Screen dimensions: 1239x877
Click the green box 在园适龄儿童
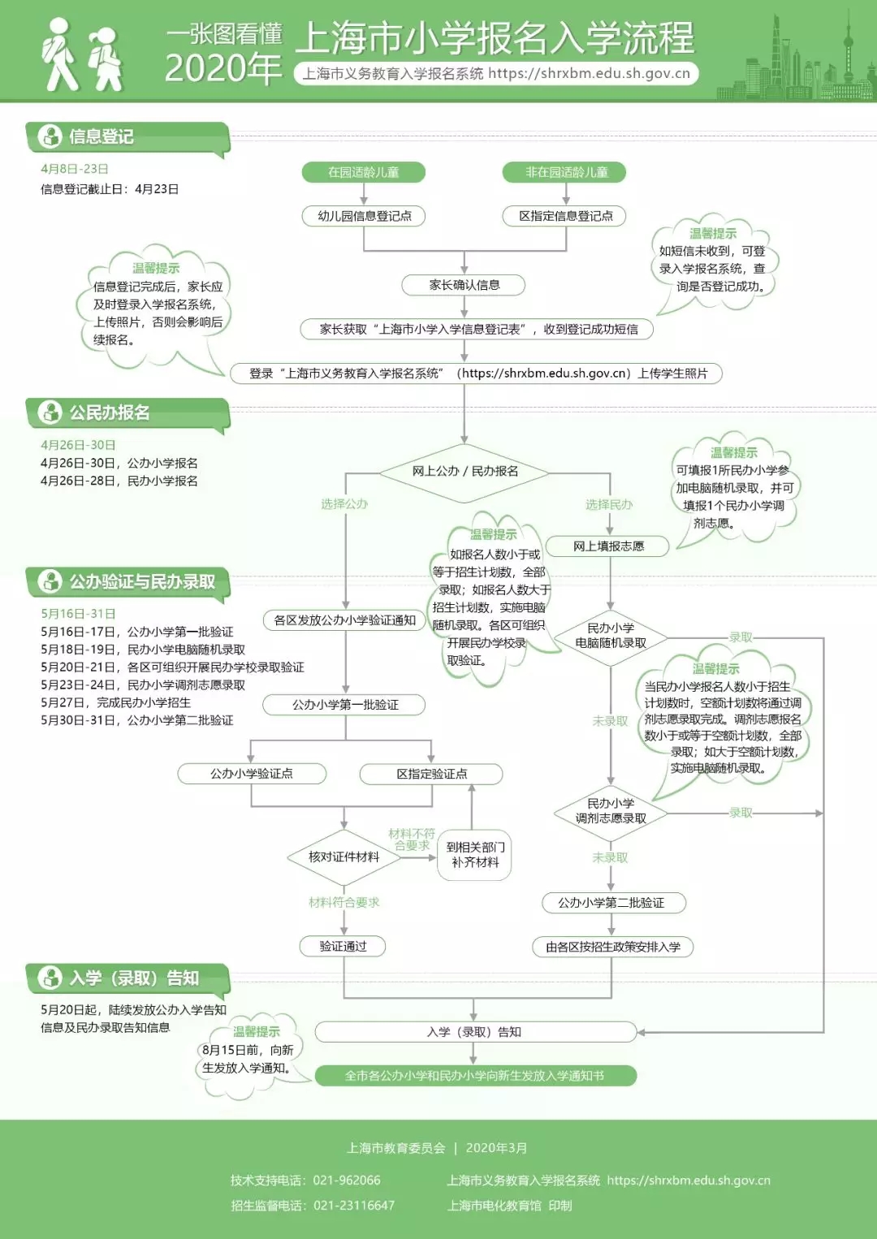click(x=363, y=172)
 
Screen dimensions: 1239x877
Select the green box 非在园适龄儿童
click(x=566, y=172)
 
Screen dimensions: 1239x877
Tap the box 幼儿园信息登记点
click(x=365, y=216)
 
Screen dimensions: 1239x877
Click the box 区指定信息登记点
click(x=566, y=216)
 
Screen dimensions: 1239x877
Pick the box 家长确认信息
click(x=464, y=285)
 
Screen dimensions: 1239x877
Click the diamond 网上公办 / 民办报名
click(x=464, y=471)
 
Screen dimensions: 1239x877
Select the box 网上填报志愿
click(x=608, y=546)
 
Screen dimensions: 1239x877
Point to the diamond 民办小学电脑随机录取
click(x=611, y=636)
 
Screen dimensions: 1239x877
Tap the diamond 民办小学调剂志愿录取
click(x=611, y=811)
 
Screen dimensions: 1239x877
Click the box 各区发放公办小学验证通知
click(x=345, y=620)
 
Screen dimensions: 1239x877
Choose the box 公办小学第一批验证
click(x=345, y=705)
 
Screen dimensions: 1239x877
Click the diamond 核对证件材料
click(x=343, y=857)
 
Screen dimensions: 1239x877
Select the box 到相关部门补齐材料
click(x=476, y=855)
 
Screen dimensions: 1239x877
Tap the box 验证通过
click(x=343, y=947)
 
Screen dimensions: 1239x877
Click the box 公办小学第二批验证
click(x=611, y=903)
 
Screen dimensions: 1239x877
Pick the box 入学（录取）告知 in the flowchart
click(x=474, y=1032)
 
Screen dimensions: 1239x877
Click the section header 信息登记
click(x=101, y=136)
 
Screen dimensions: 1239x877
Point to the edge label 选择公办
click(x=344, y=504)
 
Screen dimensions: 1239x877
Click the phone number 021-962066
click(x=347, y=1181)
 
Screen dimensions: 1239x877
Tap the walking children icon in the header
click(x=83, y=55)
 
